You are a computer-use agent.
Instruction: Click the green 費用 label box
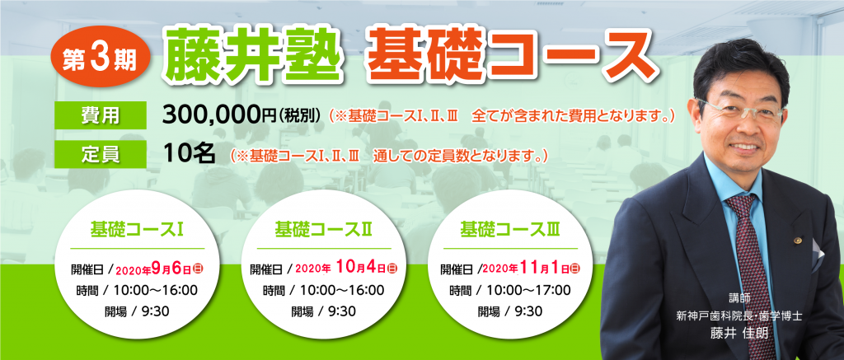click(100, 115)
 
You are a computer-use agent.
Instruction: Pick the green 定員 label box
click(100, 154)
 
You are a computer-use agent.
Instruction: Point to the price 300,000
click(213, 115)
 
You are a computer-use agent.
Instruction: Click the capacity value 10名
click(190, 154)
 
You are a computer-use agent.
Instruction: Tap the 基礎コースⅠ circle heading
click(138, 230)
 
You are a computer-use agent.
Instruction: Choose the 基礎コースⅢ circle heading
click(509, 230)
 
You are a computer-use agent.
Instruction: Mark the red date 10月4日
click(361, 267)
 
